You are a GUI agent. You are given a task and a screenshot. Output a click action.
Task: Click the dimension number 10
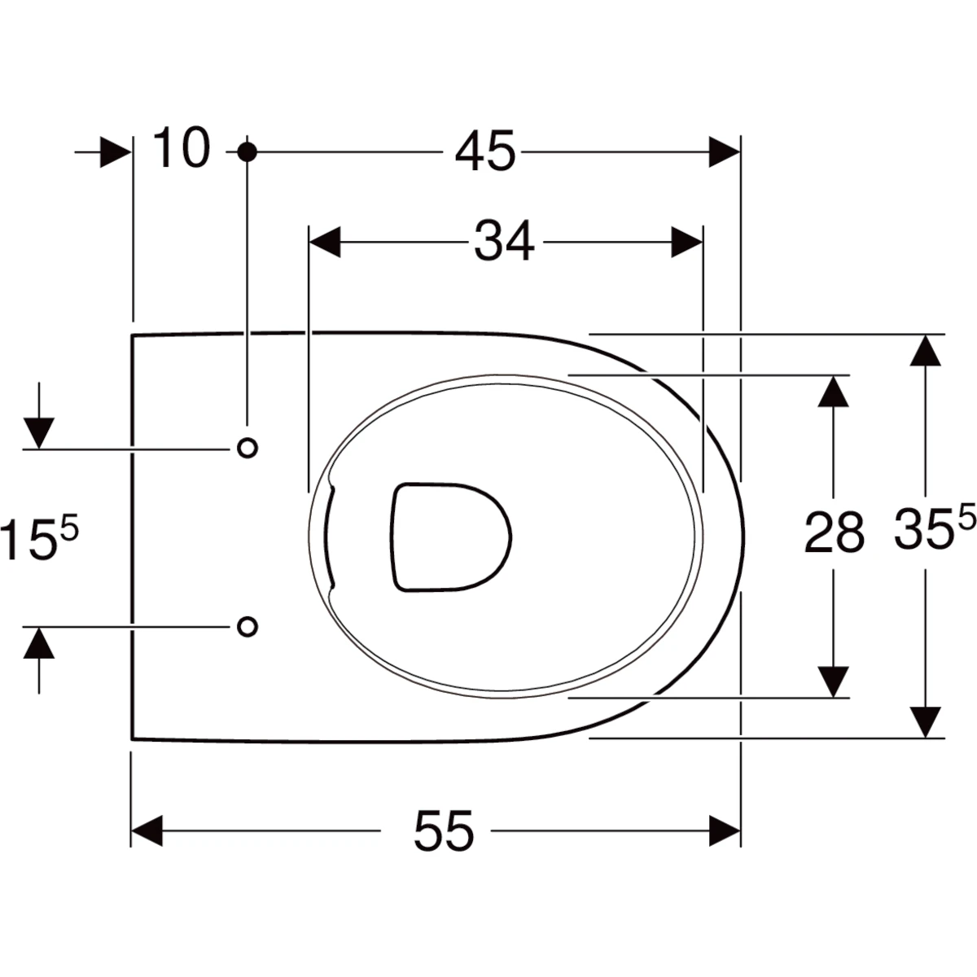182,147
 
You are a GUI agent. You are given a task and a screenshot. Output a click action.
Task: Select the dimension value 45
485,151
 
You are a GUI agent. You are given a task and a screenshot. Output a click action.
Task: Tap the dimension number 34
504,241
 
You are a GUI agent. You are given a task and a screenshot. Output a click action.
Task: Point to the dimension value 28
834,532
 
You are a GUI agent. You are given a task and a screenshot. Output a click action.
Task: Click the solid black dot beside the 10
247,151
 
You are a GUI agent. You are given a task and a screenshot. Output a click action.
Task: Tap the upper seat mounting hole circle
248,448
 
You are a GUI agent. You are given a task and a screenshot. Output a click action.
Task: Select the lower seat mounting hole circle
248,627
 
